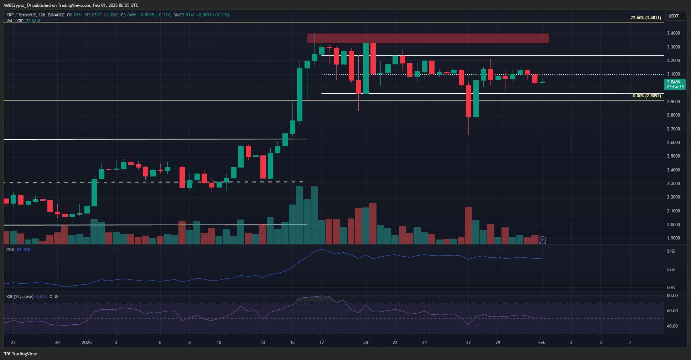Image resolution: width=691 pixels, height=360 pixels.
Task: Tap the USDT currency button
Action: coord(673,16)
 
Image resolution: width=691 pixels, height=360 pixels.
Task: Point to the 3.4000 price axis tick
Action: coord(673,33)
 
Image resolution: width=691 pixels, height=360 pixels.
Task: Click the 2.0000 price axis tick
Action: coord(673,225)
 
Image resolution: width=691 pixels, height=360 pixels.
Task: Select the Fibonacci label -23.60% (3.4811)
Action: coord(645,17)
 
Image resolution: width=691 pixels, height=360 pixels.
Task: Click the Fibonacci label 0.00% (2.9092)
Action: coord(646,96)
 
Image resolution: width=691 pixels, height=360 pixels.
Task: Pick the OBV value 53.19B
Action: coord(24,250)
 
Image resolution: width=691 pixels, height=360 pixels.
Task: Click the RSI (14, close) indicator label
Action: coord(20,297)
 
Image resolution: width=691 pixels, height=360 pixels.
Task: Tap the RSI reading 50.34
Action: coord(41,297)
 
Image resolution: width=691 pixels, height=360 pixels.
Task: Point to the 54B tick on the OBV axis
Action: coord(671,251)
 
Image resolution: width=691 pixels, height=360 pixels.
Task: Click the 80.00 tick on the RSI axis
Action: coord(672,295)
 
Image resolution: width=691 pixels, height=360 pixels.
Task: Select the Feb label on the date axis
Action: coord(542,343)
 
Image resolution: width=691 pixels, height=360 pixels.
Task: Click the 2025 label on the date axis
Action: coord(87,343)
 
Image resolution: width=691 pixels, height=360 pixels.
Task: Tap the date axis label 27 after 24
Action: coord(468,343)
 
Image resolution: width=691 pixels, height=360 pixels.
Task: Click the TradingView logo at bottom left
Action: coord(20,354)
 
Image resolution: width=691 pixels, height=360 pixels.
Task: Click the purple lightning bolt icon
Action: coord(542,240)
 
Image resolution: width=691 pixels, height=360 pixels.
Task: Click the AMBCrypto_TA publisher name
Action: coord(17,5)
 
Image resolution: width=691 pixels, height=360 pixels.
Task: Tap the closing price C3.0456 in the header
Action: coord(129,15)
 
